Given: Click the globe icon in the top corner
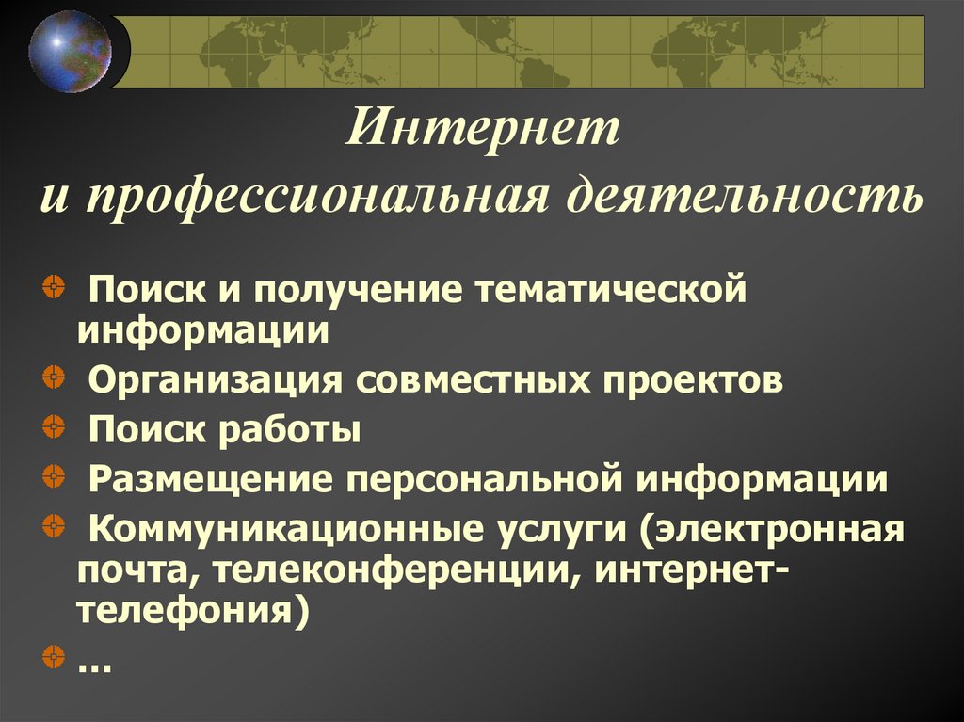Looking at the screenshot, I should [x=70, y=50].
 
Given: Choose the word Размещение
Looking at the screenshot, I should [x=208, y=479].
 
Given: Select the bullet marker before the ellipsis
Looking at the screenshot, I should [x=54, y=653].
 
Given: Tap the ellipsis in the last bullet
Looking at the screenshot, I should [x=94, y=666].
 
